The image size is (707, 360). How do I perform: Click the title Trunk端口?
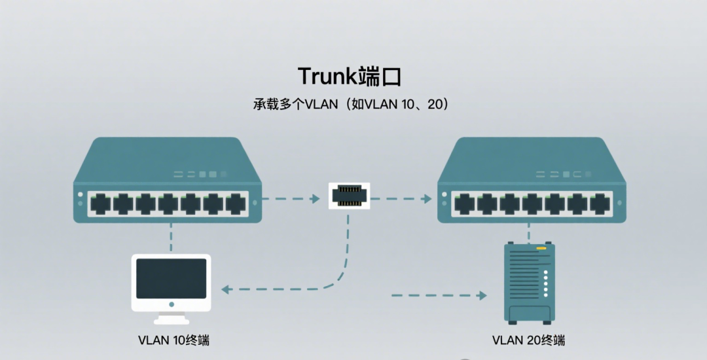[x=349, y=76]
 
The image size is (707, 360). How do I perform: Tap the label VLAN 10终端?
[x=173, y=340]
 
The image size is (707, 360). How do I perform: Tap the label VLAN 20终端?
[x=528, y=340]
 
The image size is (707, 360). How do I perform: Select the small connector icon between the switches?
[x=349, y=196]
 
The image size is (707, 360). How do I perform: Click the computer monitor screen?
[x=171, y=278]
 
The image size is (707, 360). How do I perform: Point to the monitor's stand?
[x=171, y=317]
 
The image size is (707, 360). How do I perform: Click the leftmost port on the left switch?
[x=100, y=204]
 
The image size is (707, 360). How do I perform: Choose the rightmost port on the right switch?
[x=599, y=204]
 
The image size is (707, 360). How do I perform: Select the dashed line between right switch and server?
[x=529, y=233]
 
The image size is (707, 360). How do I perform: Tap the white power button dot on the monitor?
[x=171, y=304]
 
